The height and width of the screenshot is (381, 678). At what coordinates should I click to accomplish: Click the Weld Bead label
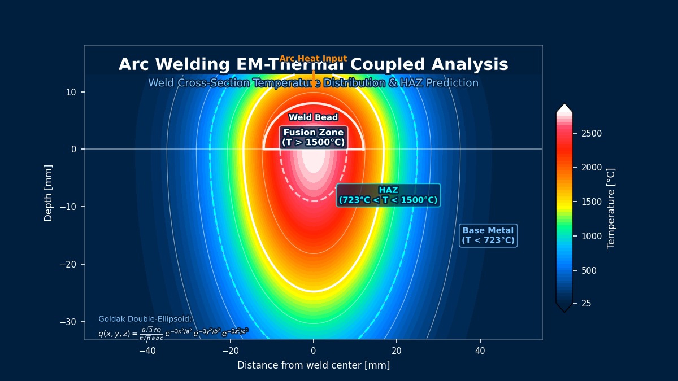pyautogui.click(x=313, y=117)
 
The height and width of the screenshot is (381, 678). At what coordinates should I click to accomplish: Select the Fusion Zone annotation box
pyautogui.click(x=313, y=137)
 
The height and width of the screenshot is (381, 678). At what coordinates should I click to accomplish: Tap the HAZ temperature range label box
pyautogui.click(x=388, y=195)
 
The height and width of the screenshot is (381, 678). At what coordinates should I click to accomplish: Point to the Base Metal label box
pyautogui.click(x=488, y=235)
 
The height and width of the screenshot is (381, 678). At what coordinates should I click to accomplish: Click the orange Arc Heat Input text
pyautogui.click(x=313, y=59)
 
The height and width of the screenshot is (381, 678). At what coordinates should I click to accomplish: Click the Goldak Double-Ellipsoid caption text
pyautogui.click(x=145, y=319)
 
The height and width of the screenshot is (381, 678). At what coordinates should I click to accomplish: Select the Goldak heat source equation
pyautogui.click(x=173, y=333)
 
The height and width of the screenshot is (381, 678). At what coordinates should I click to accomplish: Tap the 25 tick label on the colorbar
pyautogui.click(x=586, y=304)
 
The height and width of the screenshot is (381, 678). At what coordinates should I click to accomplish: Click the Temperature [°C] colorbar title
pyautogui.click(x=611, y=208)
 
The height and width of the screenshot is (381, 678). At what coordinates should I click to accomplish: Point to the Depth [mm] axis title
pyautogui.click(x=49, y=193)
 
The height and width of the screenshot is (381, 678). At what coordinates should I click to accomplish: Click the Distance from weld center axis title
pyautogui.click(x=313, y=365)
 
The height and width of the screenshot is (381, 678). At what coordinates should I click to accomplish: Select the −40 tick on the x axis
pyautogui.click(x=147, y=351)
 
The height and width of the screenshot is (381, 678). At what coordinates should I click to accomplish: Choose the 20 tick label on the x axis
pyautogui.click(x=397, y=351)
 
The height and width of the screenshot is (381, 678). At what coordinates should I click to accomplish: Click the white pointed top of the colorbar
pyautogui.click(x=564, y=108)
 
